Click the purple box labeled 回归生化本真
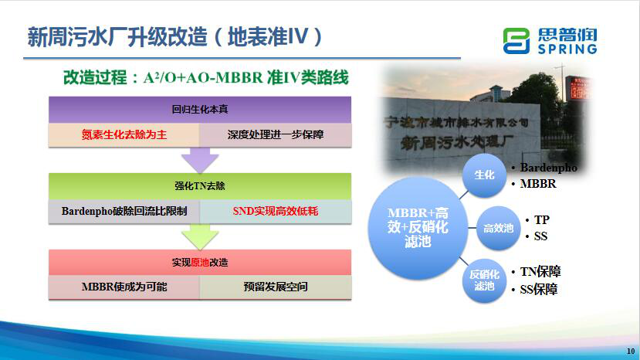(x=200, y=110)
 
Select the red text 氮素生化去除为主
(x=124, y=135)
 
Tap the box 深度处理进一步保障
(x=276, y=135)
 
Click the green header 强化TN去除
(x=200, y=186)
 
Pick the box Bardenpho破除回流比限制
(x=124, y=211)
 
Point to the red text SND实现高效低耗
(x=276, y=211)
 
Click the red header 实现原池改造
(x=200, y=263)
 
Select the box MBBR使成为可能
(x=124, y=287)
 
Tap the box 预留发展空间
(x=276, y=287)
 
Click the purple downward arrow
(x=200, y=160)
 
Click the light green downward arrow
(x=200, y=236)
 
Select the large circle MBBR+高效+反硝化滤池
(x=418, y=228)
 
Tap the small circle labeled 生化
(x=485, y=175)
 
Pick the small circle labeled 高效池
(x=498, y=228)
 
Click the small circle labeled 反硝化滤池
(x=485, y=280)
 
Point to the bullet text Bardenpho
(x=548, y=168)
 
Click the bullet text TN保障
(x=540, y=272)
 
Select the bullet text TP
(x=542, y=220)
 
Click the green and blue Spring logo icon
(x=516, y=41)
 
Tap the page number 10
(x=631, y=351)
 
